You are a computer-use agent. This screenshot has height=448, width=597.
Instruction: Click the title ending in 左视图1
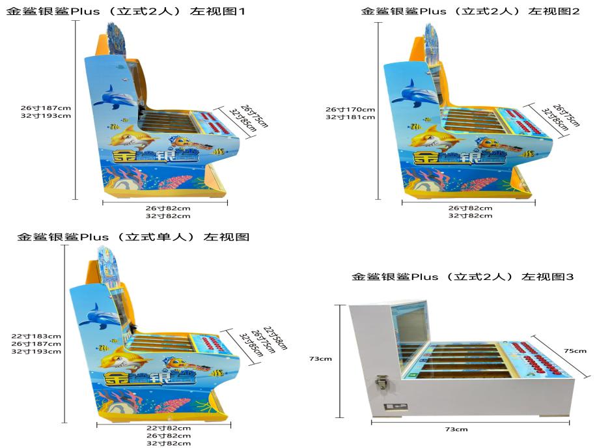[125, 11]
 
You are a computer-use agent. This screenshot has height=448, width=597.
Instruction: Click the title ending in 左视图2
[470, 11]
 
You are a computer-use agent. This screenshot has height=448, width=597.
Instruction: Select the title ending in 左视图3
[462, 277]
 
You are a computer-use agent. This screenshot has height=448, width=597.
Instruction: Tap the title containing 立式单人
[133, 237]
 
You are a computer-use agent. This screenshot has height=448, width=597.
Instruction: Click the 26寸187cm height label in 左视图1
[46, 108]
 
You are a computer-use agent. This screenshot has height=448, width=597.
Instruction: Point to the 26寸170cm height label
[350, 109]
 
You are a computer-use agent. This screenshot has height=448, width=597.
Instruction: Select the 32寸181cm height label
[350, 117]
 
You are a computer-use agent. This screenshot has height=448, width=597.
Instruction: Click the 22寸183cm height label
[36, 336]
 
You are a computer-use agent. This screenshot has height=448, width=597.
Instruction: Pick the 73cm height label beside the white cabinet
[320, 359]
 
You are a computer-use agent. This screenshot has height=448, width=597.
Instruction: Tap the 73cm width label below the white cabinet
[456, 429]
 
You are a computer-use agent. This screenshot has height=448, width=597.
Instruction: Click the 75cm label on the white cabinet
[575, 351]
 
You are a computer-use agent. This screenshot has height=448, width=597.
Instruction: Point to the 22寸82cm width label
[169, 428]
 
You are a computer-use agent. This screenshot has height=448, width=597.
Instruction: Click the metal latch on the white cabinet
[381, 382]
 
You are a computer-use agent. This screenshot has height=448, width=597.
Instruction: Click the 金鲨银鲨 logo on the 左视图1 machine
[156, 156]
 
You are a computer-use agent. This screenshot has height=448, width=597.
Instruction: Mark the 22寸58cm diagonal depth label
[275, 338]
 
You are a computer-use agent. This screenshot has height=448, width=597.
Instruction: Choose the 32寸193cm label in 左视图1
[46, 116]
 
